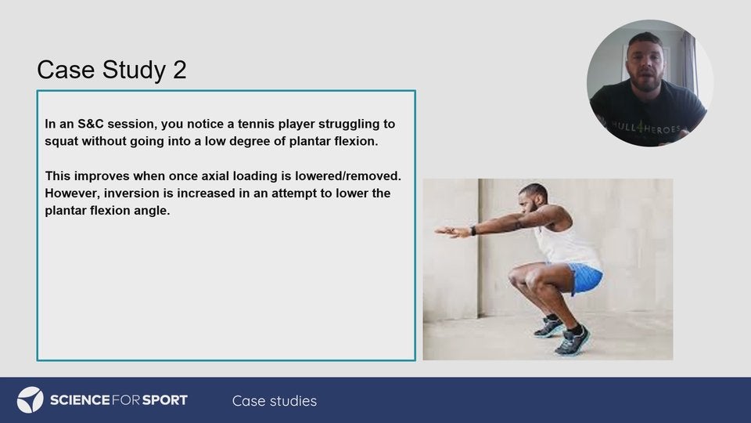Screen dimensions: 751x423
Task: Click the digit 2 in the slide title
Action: [x=179, y=70]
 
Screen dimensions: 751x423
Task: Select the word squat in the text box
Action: [x=62, y=142]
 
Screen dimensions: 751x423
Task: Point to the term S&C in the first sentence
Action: [x=91, y=124]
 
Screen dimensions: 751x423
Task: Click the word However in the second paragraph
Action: [x=73, y=193]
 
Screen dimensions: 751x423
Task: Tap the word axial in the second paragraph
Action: [x=215, y=176]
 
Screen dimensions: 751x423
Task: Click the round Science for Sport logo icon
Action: [x=31, y=400]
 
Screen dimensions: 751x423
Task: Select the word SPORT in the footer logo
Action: [x=165, y=400]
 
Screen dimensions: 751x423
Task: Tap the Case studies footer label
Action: [x=275, y=401]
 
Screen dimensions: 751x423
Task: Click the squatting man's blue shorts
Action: [x=582, y=277]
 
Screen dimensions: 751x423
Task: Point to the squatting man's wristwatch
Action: [x=473, y=230]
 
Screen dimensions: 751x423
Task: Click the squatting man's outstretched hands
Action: [x=451, y=232]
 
